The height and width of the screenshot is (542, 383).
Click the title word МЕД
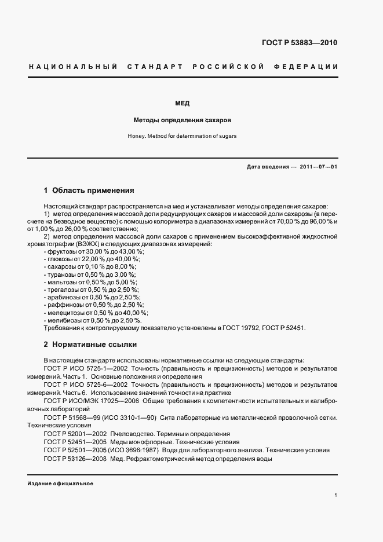tap(183, 104)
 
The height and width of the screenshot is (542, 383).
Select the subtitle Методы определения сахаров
tap(183, 120)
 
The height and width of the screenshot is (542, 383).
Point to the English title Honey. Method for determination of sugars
tap(183, 136)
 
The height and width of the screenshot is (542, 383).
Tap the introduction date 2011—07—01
tap(318, 167)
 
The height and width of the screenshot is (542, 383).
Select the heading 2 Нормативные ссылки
tap(90, 345)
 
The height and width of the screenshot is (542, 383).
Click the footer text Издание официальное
tap(60, 484)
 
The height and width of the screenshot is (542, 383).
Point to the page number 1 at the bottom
tap(336, 495)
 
